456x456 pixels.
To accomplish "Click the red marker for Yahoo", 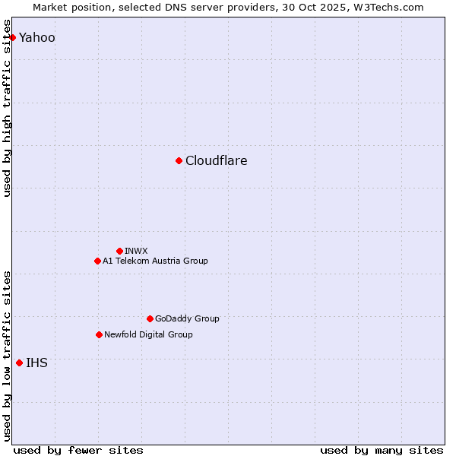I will (12, 37).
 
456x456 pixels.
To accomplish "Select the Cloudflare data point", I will (179, 160).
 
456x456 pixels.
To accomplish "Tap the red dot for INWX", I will (119, 251).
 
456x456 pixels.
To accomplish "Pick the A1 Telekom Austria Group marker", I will (97, 261).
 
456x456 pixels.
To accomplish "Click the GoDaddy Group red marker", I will (150, 318).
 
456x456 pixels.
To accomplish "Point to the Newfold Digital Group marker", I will (99, 334).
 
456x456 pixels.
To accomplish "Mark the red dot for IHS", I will (19, 363).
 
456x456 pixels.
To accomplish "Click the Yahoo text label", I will (37, 37).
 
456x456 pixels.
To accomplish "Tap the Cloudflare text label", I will (216, 160).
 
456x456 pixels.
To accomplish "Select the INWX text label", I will (136, 251).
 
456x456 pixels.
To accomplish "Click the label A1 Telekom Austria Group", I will (155, 261).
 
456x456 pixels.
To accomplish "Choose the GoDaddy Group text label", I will (186, 318).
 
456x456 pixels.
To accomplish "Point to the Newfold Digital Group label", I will (148, 334).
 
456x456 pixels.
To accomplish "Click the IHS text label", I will (36, 363).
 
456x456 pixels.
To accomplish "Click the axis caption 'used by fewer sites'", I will (78, 450).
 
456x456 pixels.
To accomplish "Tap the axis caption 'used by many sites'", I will (382, 450).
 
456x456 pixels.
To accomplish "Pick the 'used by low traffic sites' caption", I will (8, 355).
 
